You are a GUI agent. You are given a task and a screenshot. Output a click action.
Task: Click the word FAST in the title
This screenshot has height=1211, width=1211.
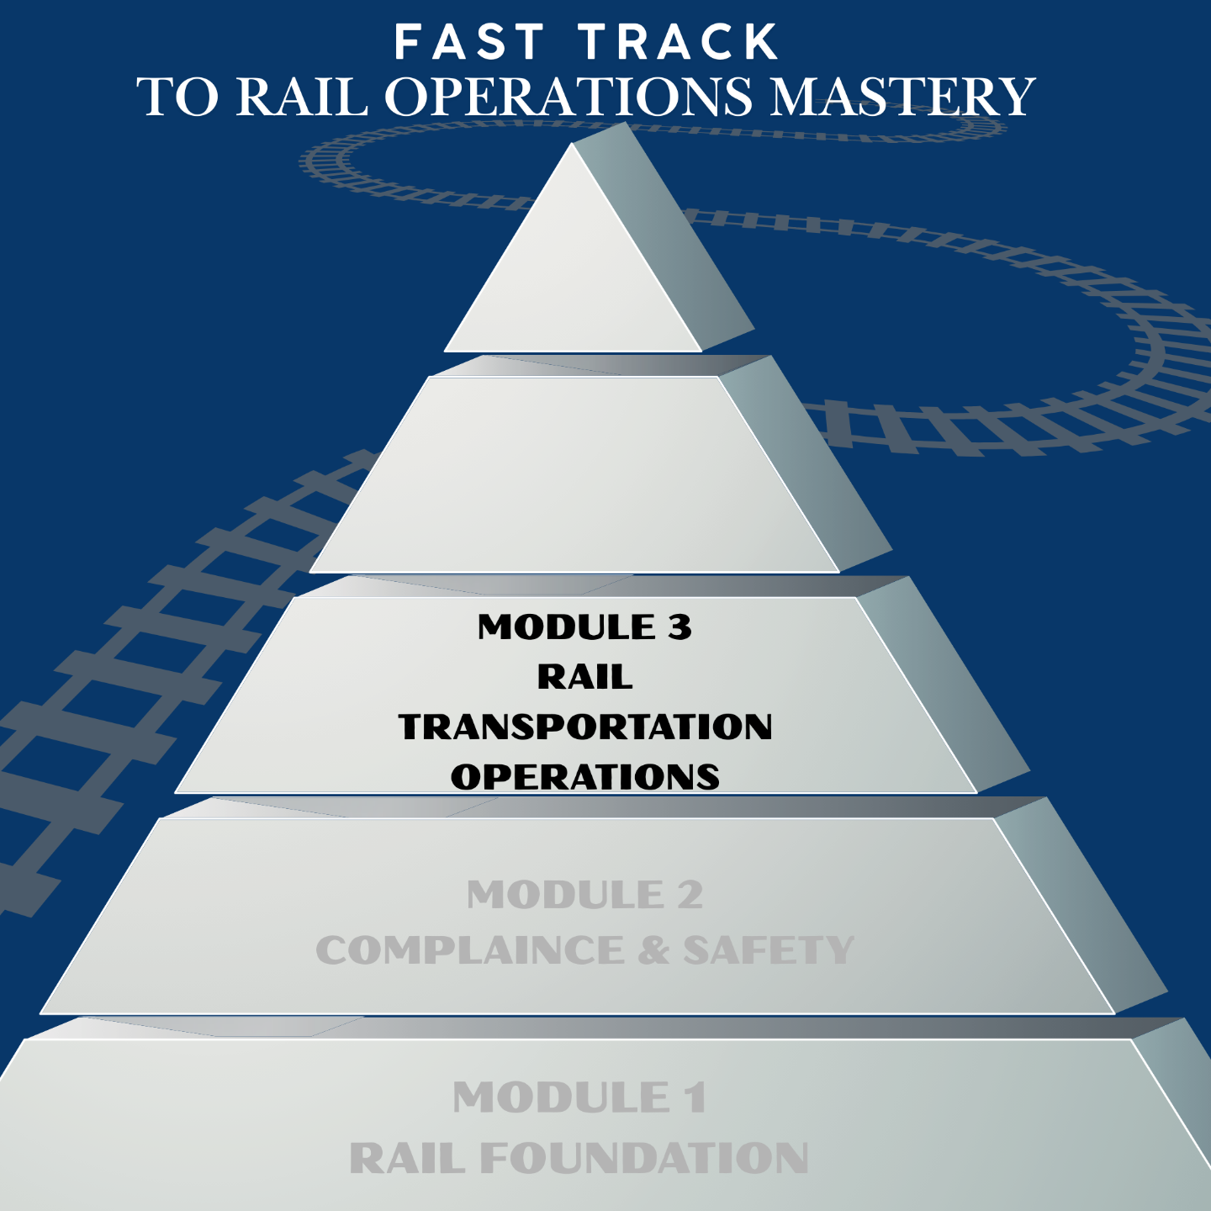[x=471, y=42]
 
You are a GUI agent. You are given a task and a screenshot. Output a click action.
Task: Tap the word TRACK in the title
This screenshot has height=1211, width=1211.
[x=680, y=42]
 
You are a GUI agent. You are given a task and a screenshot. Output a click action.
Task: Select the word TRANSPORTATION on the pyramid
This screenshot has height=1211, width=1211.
[x=585, y=727]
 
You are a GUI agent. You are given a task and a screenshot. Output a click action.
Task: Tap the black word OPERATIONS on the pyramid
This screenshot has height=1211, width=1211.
[x=585, y=776]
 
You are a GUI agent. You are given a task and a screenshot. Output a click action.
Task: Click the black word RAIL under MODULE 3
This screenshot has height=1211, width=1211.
[x=585, y=677]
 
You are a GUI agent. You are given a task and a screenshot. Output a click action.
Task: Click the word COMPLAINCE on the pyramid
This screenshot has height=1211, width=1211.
[x=470, y=951]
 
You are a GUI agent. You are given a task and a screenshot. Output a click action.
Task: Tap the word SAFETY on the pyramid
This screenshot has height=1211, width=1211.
[x=769, y=951]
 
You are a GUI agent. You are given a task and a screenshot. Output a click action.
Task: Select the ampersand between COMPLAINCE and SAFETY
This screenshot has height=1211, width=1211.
[x=653, y=951]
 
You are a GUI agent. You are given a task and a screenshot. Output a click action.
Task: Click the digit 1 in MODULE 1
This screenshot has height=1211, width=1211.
[x=695, y=1098]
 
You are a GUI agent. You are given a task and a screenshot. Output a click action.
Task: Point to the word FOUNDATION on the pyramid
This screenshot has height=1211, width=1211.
[x=644, y=1159]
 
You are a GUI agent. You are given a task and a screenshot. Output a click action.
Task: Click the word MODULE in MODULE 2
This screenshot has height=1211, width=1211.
[x=565, y=895]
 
